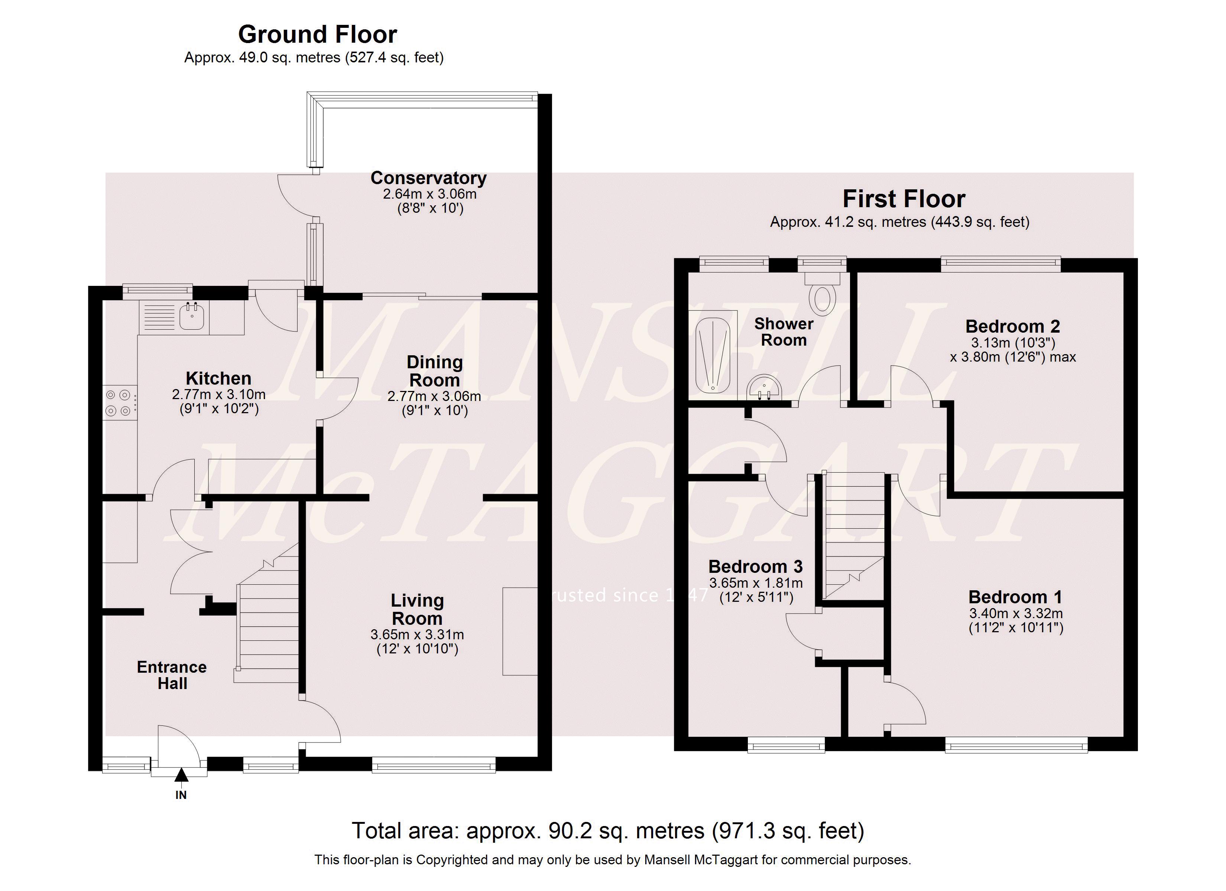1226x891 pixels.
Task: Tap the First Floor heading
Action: coord(904,199)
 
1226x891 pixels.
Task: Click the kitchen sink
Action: coord(192,317)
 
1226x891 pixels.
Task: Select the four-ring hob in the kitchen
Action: coord(119,403)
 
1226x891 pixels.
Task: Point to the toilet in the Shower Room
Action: coord(822,294)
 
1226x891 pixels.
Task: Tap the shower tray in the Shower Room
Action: coord(713,355)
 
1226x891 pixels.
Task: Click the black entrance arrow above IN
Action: coord(181,776)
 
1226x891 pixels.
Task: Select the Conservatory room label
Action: coord(428,178)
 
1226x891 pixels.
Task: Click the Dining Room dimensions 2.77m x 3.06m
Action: coord(434,396)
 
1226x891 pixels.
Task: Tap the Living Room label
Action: coord(417,609)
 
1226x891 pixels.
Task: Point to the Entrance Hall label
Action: coord(172,675)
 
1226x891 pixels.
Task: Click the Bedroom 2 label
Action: coord(1012,326)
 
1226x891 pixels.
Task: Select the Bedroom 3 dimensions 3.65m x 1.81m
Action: coord(756,583)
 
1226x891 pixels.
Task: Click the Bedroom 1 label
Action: coord(1015,597)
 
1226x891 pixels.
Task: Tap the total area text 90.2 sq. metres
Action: coord(608,830)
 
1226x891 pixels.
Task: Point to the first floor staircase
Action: coord(853,535)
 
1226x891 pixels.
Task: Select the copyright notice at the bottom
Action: coord(613,860)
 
